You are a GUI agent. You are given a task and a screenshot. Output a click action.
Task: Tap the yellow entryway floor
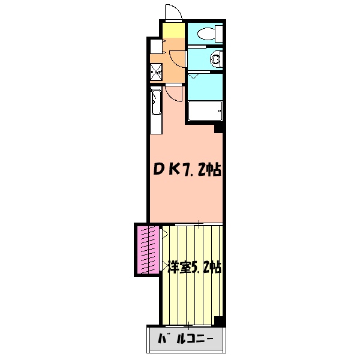point(173,30)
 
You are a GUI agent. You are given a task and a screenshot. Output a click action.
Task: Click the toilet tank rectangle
point(220,32)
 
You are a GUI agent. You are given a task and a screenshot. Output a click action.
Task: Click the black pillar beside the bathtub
point(219,128)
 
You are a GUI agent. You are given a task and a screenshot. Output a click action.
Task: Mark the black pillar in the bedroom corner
point(220,321)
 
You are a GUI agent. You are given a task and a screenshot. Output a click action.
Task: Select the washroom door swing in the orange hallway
point(178,59)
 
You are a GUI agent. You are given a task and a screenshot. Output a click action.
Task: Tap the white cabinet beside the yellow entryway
point(155,46)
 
